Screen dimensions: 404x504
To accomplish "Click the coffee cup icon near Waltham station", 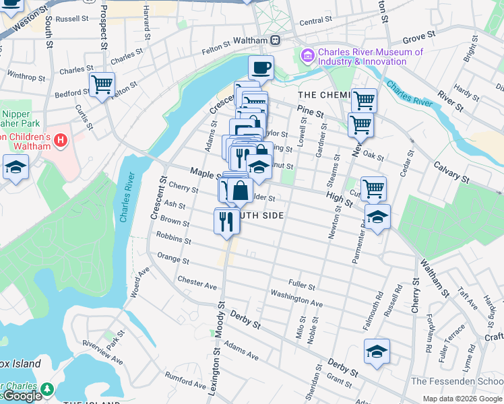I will point(261,67).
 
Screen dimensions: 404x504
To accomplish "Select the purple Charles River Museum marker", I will point(308,54).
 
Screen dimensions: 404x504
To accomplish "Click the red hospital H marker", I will point(61,141).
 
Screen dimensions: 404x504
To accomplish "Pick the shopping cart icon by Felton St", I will point(102,85).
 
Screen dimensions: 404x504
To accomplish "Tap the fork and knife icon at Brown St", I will point(226,220).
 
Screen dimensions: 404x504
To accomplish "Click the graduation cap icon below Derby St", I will point(377,351).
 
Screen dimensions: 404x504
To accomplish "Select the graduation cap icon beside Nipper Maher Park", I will point(15,168).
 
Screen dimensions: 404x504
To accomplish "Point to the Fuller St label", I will point(301,285).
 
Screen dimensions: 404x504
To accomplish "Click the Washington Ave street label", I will point(296,299).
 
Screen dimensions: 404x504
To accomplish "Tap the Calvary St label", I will point(451,172).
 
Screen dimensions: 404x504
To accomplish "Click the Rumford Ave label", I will point(183,382).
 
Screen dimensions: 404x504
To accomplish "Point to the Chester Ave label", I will point(197,282).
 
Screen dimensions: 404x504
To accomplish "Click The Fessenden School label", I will point(457,381).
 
